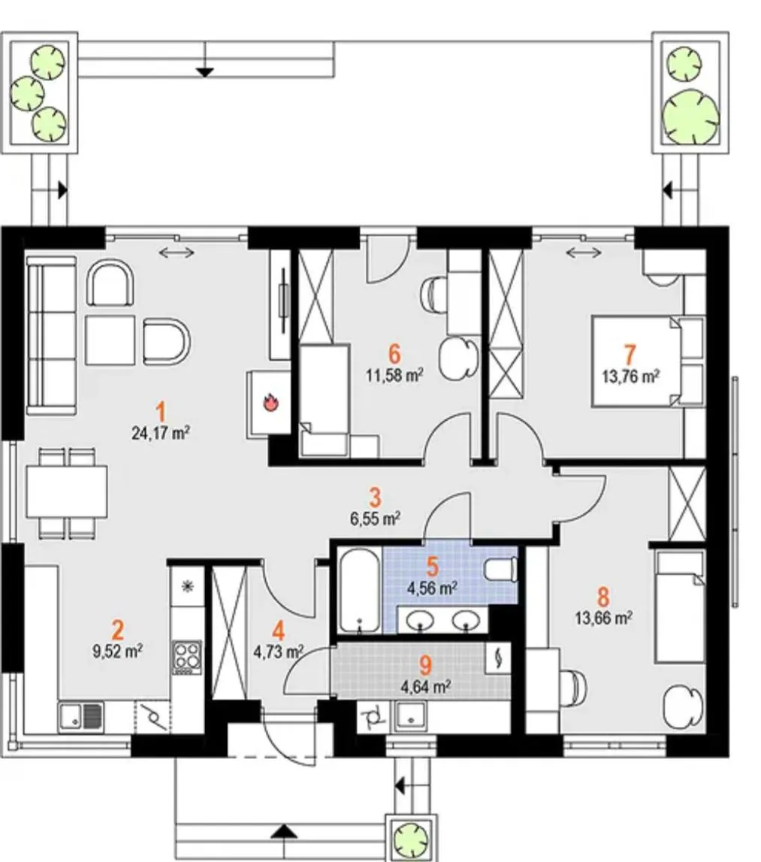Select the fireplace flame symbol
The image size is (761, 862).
click(270, 404)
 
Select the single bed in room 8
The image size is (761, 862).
click(678, 606)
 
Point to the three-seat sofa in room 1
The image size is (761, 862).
click(52, 334)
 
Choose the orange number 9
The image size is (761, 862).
click(426, 664)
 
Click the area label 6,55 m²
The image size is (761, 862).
click(375, 517)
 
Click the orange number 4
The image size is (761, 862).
click(279, 627)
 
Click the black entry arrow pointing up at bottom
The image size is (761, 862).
click(284, 830)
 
